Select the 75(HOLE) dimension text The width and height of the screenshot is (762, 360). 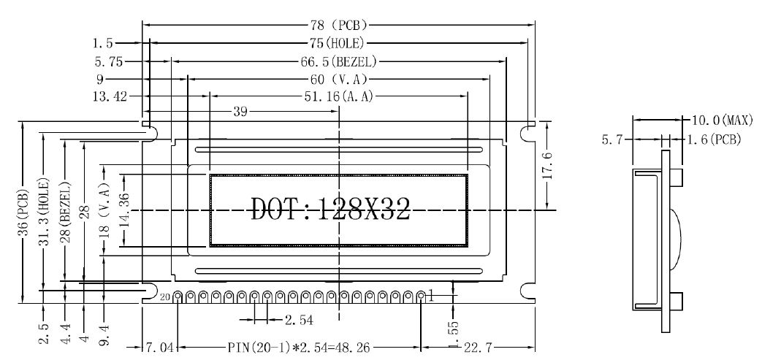coord(339,43)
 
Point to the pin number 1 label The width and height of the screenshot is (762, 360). coord(432,295)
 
